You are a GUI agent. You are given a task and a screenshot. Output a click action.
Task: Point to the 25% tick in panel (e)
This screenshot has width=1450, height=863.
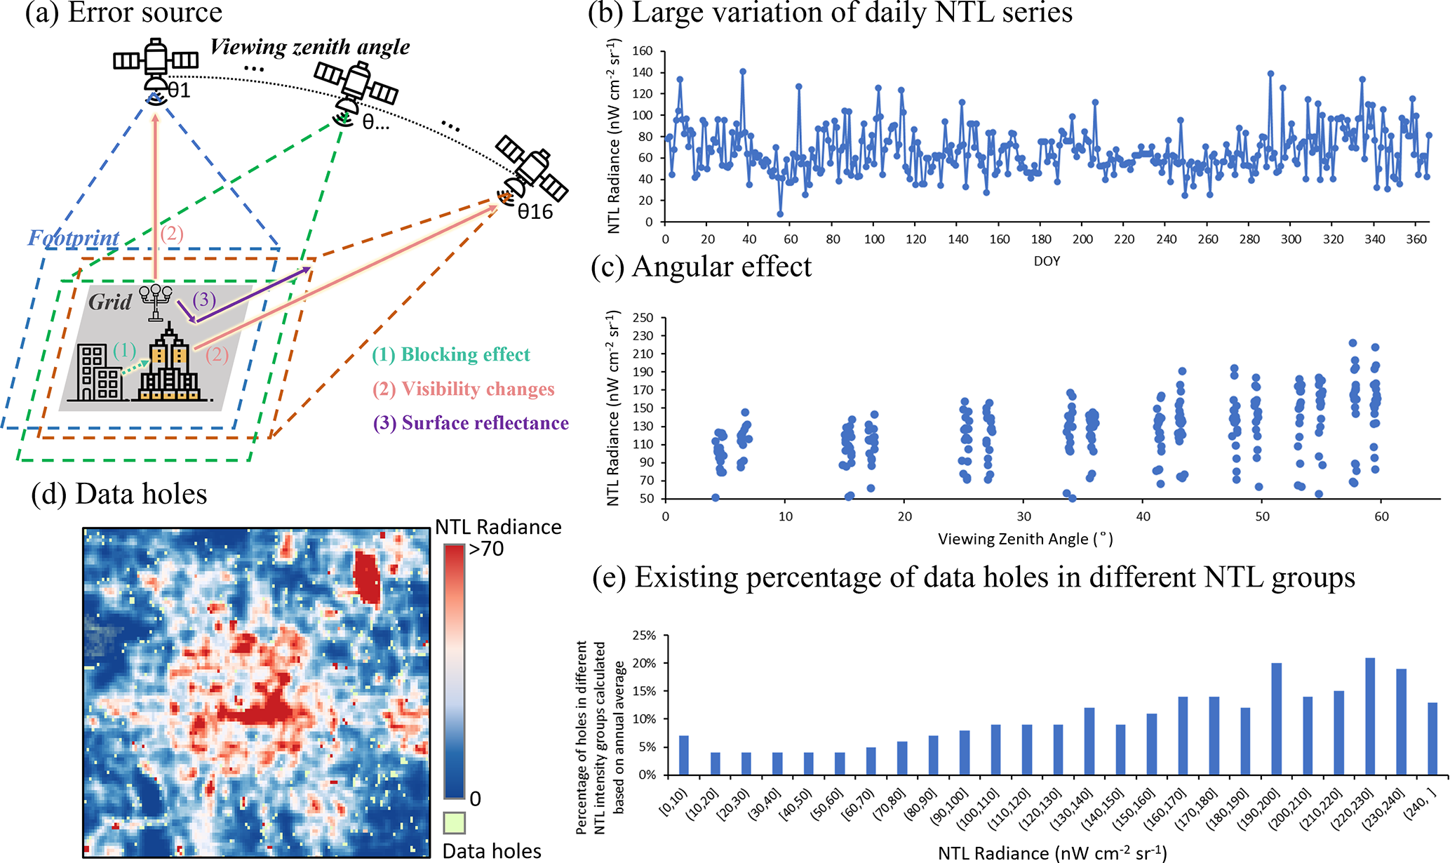[645, 636]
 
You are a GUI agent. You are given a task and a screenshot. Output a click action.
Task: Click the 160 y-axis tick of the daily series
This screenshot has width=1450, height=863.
[643, 51]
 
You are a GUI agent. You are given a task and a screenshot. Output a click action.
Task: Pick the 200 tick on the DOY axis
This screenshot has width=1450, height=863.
[1082, 239]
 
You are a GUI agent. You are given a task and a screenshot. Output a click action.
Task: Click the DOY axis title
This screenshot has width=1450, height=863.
[1047, 261]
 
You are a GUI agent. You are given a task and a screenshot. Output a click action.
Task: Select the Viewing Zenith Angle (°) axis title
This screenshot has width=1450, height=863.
[1025, 540]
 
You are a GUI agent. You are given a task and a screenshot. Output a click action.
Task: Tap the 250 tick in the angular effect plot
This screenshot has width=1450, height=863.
[643, 318]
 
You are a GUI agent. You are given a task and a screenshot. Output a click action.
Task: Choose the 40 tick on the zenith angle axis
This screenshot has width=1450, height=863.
[1143, 516]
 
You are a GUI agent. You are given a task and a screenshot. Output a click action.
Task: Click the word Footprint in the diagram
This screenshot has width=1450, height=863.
[74, 239]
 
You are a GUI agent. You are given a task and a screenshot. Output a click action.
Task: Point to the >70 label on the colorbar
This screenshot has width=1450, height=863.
[486, 549]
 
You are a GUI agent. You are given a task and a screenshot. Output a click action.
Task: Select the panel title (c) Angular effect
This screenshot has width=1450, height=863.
[701, 267]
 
